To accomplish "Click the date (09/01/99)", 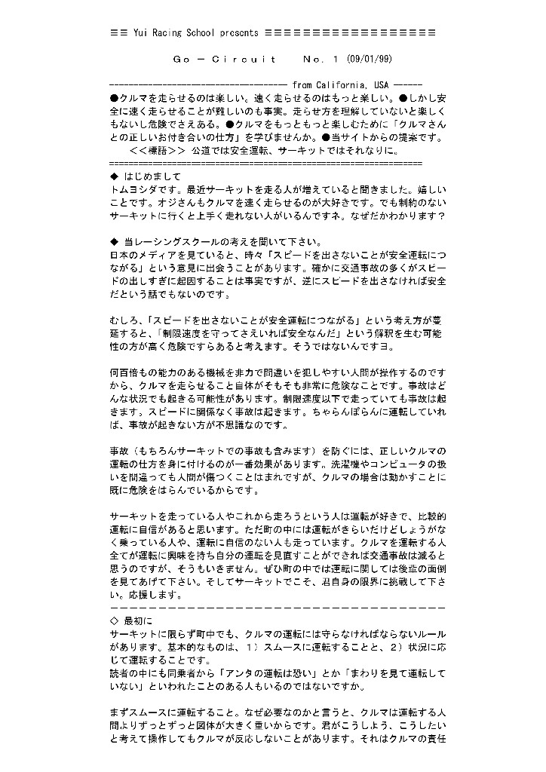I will [x=369, y=59].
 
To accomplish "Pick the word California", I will [x=342, y=85].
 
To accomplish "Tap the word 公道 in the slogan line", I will [x=203, y=150].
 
